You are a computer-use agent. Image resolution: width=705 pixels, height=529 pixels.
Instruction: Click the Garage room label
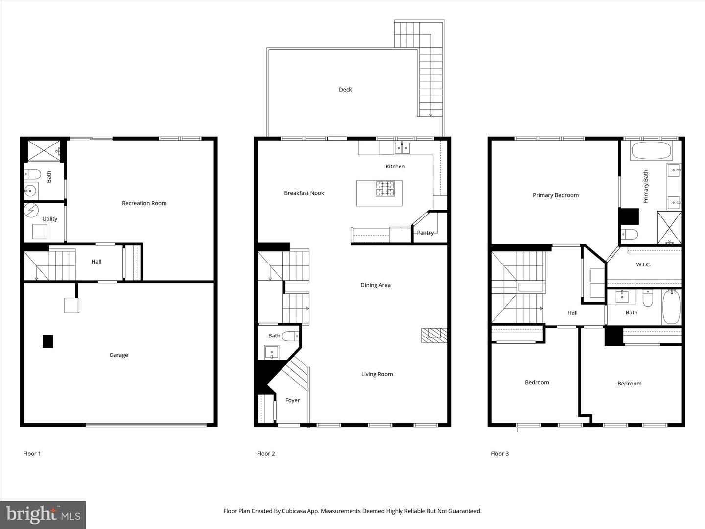[x=118, y=355]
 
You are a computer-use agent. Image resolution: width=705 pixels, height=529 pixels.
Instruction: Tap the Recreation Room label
[x=144, y=203]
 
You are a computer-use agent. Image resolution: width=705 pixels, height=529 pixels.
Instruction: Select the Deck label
[x=345, y=89]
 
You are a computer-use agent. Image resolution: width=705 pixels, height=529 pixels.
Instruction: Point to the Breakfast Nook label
[x=304, y=193]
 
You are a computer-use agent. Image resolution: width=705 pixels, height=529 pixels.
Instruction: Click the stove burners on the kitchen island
[x=385, y=189]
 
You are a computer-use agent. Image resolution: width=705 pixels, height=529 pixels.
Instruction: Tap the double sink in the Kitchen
[x=402, y=148]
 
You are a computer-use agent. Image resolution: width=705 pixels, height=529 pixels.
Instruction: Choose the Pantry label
[x=425, y=233]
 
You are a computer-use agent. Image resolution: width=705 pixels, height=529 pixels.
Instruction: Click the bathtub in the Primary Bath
[x=651, y=150]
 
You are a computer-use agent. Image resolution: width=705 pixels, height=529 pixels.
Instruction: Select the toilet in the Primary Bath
[x=629, y=235]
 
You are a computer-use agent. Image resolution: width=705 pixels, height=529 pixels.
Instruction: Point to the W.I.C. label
[x=643, y=264]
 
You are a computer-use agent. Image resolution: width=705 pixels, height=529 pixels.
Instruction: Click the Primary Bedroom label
[x=556, y=195]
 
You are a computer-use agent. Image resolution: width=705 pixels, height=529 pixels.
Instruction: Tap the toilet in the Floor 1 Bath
[x=32, y=174]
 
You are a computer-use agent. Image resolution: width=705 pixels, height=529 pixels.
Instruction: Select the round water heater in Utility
[x=31, y=211]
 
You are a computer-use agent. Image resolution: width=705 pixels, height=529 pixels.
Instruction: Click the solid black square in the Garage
[x=48, y=341]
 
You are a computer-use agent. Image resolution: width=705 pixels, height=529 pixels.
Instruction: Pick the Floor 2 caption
[x=266, y=453]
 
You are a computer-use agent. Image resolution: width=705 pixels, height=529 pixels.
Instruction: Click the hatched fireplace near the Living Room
[x=434, y=335]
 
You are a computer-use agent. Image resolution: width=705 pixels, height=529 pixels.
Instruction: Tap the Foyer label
[x=292, y=400]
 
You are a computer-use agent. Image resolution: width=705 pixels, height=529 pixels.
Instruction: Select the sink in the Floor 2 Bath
[x=272, y=352]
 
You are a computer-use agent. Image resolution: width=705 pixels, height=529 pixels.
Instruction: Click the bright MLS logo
[x=43, y=514]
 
